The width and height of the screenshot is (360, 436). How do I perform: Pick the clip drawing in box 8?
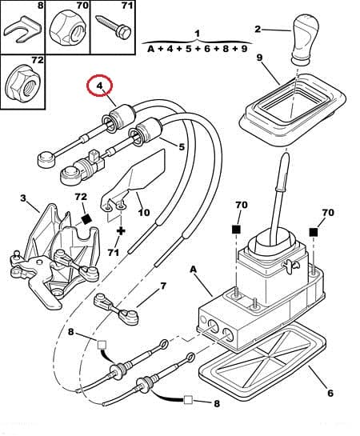click(21, 30)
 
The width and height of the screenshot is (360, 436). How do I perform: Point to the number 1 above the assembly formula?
click(196, 34)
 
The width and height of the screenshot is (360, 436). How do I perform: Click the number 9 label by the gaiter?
click(259, 58)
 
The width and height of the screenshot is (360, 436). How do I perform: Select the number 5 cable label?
click(182, 146)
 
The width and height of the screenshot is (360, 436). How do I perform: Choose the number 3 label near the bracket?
click(23, 198)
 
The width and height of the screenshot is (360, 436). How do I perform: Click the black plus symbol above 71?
click(120, 230)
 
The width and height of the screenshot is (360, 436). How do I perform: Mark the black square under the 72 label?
click(86, 217)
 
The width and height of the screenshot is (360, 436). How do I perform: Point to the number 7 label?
click(163, 286)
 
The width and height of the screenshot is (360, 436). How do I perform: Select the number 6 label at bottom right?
click(330, 393)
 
